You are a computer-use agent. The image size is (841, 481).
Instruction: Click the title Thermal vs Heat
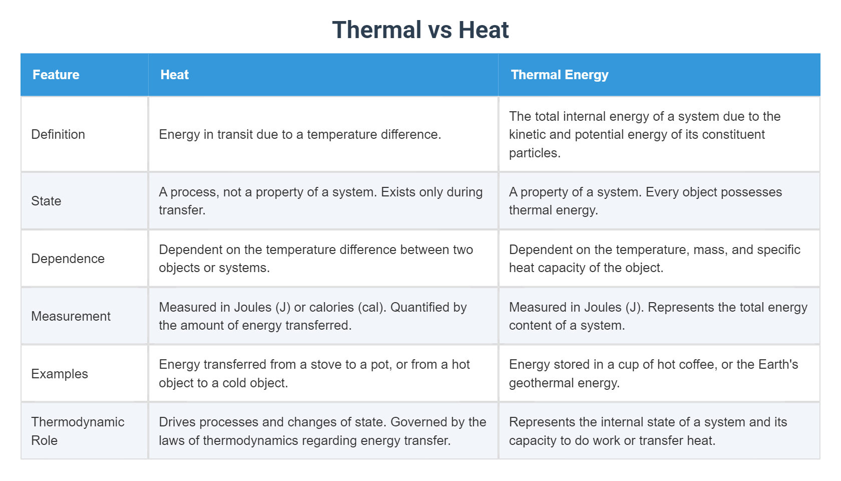point(420,30)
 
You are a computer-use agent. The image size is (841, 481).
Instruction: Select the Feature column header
point(56,75)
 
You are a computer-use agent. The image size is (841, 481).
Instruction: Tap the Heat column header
point(175,75)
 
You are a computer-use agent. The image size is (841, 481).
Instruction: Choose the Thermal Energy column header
point(559,75)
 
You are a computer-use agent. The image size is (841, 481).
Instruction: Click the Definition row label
point(58,134)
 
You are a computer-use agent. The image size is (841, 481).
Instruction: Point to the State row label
point(46,201)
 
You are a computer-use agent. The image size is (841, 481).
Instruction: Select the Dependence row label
point(68,259)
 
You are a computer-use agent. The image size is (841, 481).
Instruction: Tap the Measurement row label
point(71,316)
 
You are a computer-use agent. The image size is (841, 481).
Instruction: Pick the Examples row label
point(60,374)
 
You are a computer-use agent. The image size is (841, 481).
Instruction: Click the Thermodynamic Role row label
point(78,431)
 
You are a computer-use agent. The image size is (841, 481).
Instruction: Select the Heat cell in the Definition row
point(300,134)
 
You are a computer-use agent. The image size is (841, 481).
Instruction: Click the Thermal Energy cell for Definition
point(644,134)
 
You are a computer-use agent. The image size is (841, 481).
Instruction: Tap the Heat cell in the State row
point(320,201)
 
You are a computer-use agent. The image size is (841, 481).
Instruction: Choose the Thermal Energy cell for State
point(645,201)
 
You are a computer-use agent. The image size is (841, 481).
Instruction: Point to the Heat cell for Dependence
point(315,259)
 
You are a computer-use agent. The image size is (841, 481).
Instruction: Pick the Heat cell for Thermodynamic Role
point(322,431)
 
